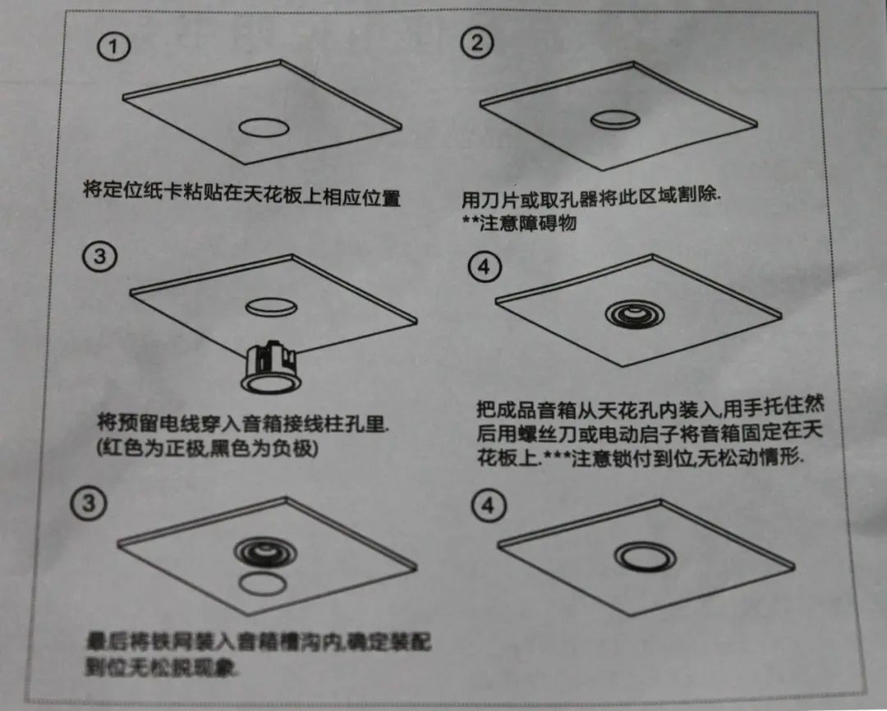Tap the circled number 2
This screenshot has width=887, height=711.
[475, 44]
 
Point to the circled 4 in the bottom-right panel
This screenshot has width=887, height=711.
[488, 507]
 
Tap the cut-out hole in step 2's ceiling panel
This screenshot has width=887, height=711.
[615, 120]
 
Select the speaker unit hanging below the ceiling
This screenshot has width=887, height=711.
[271, 366]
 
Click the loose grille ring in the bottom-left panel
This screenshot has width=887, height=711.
[260, 584]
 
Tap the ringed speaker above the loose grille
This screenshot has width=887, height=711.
[261, 551]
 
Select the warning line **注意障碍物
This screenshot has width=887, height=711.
[517, 222]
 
